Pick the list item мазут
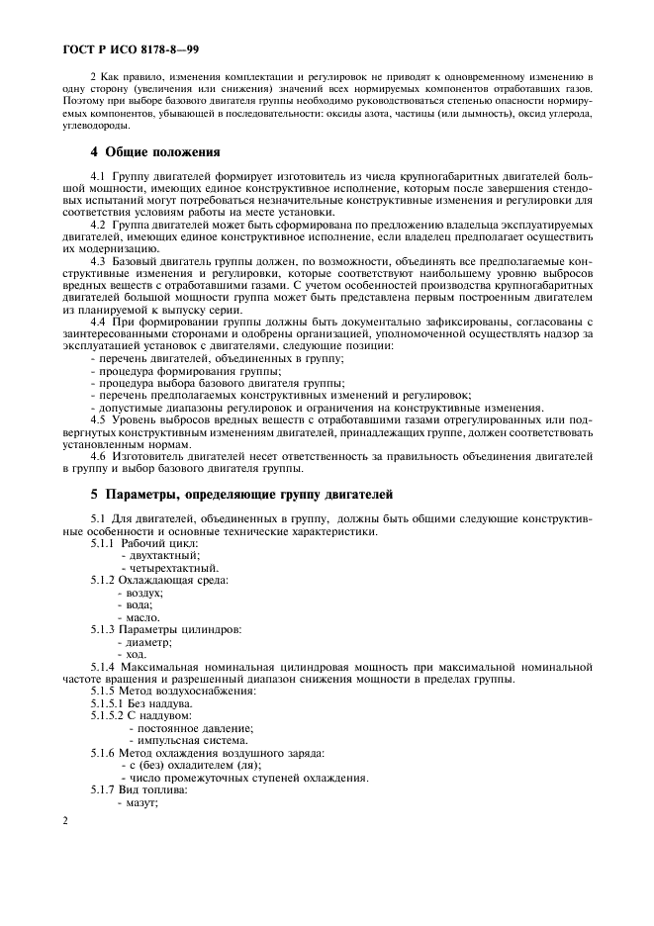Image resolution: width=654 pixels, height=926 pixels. pyautogui.click(x=141, y=801)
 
